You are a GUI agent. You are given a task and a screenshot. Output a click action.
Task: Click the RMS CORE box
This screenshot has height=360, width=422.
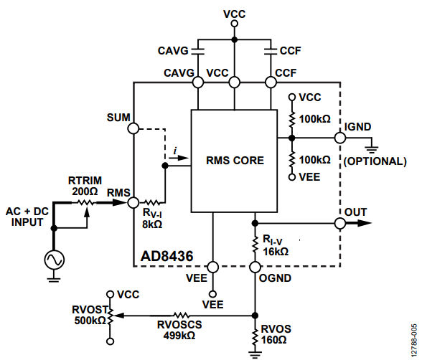tap(234, 161)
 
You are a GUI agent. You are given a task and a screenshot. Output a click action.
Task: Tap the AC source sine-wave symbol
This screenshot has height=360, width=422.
tap(55, 260)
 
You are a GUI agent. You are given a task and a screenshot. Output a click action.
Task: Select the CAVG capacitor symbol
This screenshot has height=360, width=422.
tap(198, 51)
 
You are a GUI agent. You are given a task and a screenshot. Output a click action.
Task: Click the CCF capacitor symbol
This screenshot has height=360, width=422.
tap(271, 51)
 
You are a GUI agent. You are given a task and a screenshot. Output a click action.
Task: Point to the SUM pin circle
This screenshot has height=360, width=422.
tap(133, 128)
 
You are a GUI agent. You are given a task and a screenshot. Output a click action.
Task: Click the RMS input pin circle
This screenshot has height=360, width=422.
tap(133, 202)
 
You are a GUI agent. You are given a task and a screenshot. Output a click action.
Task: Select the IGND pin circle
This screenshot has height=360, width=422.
tap(340, 138)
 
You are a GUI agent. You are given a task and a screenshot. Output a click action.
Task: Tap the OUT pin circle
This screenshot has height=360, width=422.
tap(340, 223)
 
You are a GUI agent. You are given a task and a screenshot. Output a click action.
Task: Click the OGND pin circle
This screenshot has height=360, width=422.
tap(255, 267)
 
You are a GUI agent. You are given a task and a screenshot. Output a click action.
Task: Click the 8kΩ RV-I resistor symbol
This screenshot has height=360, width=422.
tap(152, 202)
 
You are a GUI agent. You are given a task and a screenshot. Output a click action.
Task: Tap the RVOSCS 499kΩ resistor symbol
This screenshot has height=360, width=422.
tap(182, 316)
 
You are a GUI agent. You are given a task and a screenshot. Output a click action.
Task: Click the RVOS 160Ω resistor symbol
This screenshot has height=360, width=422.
tap(255, 336)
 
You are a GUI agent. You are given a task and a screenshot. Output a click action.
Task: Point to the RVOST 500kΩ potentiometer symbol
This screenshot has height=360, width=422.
tap(111, 316)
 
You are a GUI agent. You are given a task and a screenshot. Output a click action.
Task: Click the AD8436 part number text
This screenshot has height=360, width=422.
tap(167, 256)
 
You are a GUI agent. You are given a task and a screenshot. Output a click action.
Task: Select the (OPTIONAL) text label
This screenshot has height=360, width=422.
tap(375, 161)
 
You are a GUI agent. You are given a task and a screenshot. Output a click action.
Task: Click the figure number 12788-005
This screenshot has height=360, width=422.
tap(414, 341)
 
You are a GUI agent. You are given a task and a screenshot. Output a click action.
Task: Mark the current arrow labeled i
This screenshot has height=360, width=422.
tap(179, 158)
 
